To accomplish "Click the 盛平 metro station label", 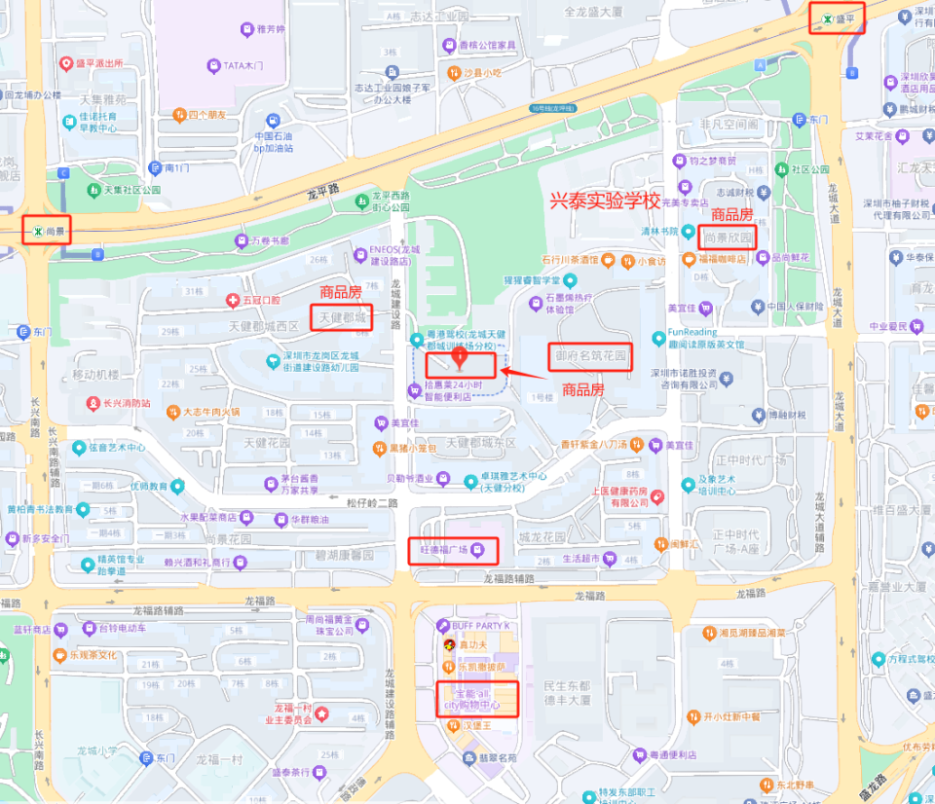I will click(x=842, y=18).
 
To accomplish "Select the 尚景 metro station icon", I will click(x=37, y=232).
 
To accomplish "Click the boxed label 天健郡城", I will click(x=341, y=317).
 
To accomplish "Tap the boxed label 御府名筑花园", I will click(x=589, y=356).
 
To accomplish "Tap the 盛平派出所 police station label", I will click(x=95, y=64).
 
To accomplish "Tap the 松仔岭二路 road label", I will click(x=372, y=503).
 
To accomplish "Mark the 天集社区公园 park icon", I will click(x=93, y=190).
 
